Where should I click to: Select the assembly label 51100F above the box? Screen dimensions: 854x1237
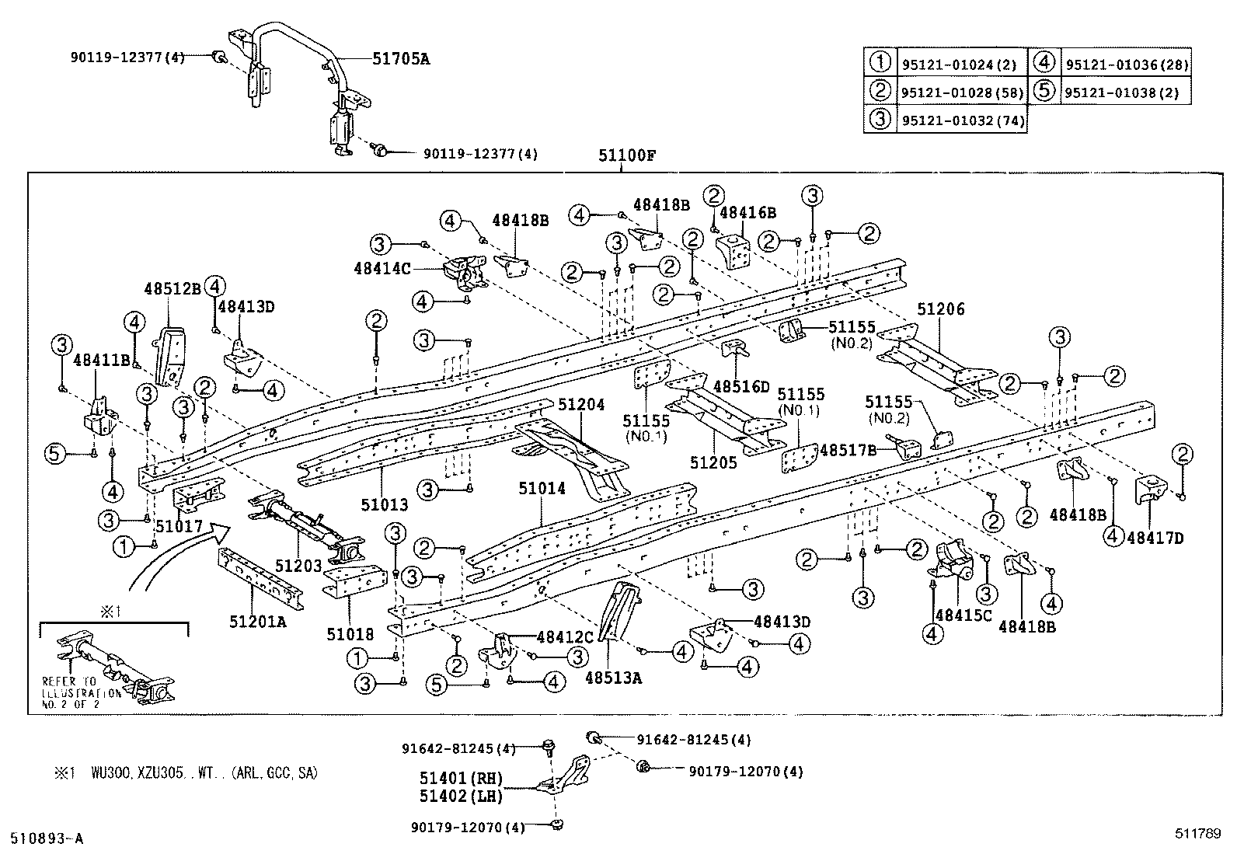click(x=627, y=155)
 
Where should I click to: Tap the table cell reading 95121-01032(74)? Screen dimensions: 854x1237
click(x=963, y=120)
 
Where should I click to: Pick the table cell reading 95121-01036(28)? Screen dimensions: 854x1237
click(x=1126, y=65)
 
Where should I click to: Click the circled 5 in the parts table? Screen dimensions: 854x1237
click(x=1044, y=92)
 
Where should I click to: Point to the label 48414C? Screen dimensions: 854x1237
click(x=382, y=268)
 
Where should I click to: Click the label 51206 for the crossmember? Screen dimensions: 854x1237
click(x=940, y=309)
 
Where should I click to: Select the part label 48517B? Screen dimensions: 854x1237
click(x=848, y=449)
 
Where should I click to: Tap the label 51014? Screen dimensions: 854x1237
click(x=542, y=488)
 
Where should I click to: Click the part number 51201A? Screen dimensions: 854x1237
click(x=257, y=621)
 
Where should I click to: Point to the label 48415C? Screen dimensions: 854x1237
click(x=963, y=615)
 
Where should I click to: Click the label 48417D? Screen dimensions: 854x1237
click(x=1155, y=537)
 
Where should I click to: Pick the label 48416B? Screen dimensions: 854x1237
click(x=748, y=211)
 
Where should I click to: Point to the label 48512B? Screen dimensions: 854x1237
click(x=172, y=288)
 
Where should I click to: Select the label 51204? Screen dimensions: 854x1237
click(x=581, y=404)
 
